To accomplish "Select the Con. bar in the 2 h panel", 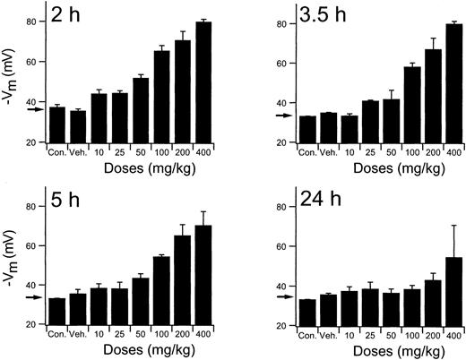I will tap(57, 124).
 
